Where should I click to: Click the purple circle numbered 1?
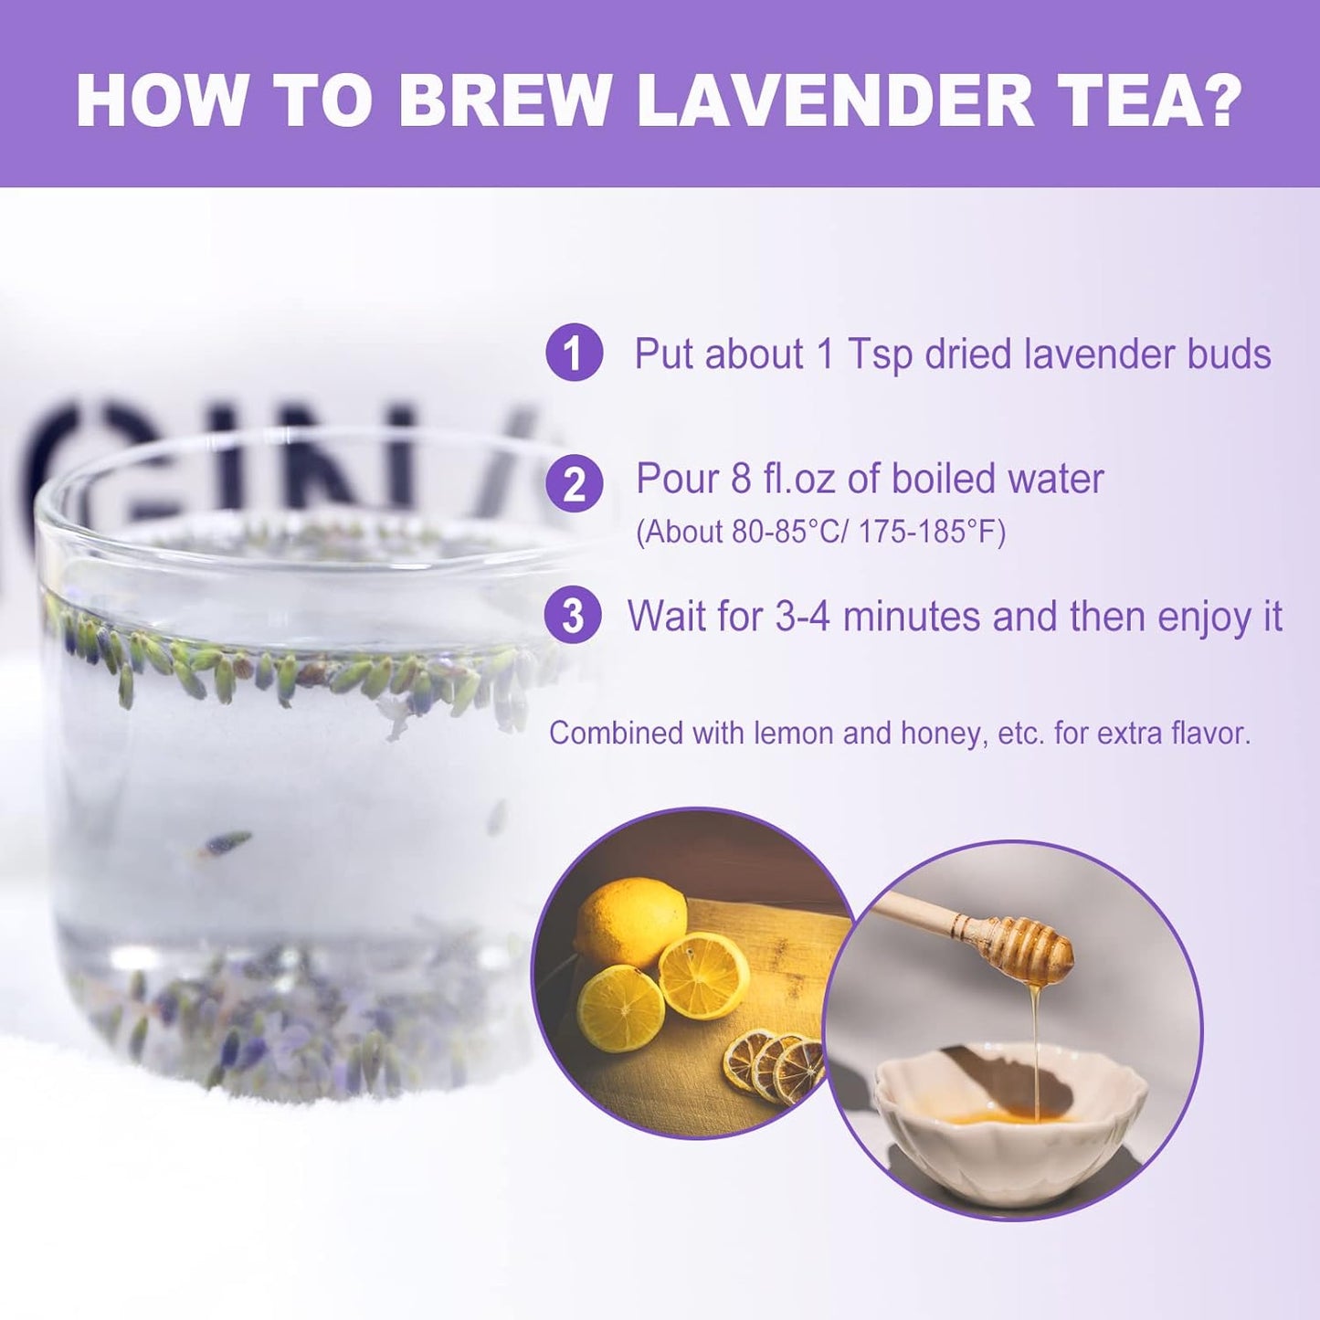tap(574, 353)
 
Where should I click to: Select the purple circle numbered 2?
tap(574, 483)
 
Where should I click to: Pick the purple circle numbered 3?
tap(573, 616)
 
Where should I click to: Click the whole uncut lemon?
tap(632, 920)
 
